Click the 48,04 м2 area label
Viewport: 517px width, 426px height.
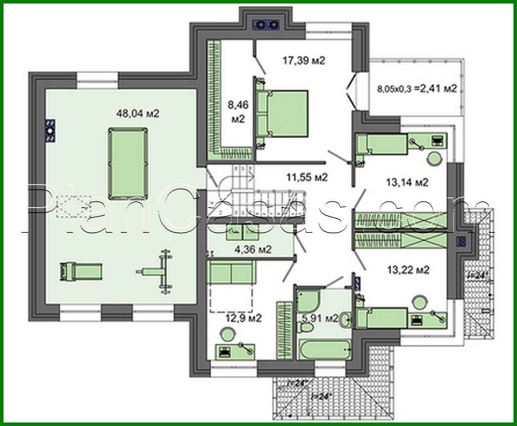[x=138, y=113]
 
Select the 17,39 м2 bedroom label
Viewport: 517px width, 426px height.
[x=303, y=61]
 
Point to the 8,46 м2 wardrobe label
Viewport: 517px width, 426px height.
[x=238, y=112]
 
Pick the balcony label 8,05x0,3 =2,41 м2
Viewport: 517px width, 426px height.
[x=416, y=88]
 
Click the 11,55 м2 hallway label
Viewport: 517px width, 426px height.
[x=307, y=177]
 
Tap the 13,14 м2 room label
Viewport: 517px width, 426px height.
[x=407, y=182]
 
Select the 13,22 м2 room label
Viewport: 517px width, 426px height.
[x=408, y=270]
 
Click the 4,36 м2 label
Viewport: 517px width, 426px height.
[x=253, y=249]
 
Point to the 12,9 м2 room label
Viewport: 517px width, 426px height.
[x=244, y=318]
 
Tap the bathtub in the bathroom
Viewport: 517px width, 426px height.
[x=325, y=349]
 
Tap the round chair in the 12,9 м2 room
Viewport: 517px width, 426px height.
[x=228, y=333]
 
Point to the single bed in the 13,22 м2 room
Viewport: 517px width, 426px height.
[x=383, y=318]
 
